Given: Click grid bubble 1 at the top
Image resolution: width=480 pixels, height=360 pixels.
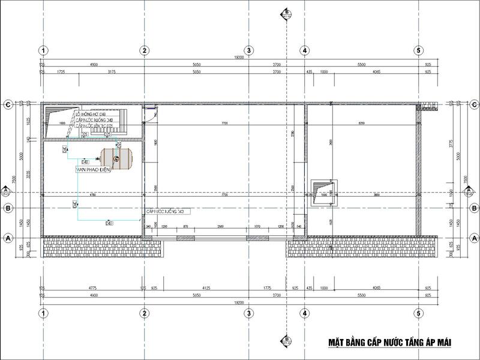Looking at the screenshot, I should tap(44, 50).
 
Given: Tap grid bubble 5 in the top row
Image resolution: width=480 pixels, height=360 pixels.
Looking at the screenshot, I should tap(418, 50).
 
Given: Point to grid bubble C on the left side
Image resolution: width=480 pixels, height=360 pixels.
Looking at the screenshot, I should tap(8, 104).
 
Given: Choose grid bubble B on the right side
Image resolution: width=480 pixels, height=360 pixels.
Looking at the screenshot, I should tap(474, 208).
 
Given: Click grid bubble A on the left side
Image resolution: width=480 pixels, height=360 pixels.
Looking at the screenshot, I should tap(8, 238).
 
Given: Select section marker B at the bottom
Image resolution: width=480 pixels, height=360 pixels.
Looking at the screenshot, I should tap(287, 341).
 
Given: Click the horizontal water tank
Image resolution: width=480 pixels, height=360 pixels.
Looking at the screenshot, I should tap(116, 157).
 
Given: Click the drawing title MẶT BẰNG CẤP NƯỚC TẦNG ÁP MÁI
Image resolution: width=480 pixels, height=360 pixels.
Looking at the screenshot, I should tap(389, 343).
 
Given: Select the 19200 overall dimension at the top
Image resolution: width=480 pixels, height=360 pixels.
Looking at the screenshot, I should tap(239, 58).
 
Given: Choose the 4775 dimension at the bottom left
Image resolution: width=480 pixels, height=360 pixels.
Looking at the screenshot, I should tap(93, 288).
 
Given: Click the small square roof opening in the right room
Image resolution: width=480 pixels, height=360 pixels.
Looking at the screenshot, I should tap(325, 192).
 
